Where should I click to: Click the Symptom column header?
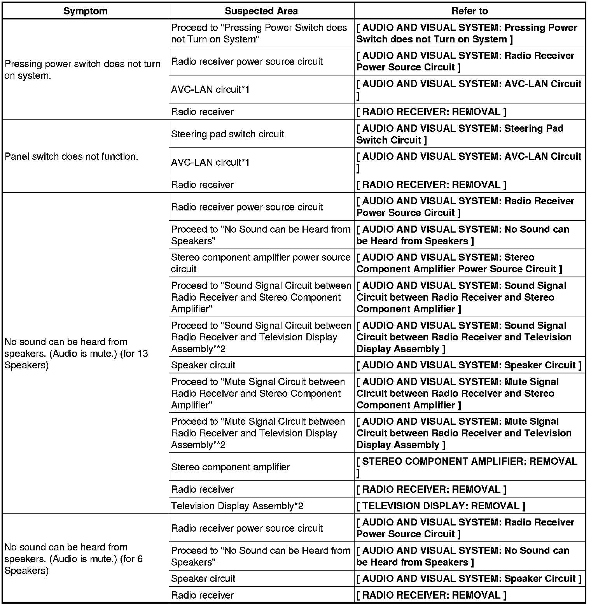tap(85, 11)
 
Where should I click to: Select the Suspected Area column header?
tap(261, 11)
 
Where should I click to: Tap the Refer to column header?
tap(469, 11)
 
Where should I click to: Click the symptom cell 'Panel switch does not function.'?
tap(72, 156)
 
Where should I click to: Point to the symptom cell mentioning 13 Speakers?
tap(76, 353)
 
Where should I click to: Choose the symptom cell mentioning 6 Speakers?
tap(73, 559)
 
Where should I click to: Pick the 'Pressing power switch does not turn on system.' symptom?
tap(82, 70)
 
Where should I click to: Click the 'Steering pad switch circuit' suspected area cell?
tap(227, 134)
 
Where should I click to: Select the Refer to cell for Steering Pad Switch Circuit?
tap(460, 134)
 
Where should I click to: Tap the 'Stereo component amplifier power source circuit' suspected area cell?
tap(261, 263)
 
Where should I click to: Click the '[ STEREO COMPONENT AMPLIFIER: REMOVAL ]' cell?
tap(467, 467)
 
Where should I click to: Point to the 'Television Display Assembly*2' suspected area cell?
tap(237, 506)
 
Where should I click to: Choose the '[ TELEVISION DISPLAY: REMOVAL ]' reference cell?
tap(441, 506)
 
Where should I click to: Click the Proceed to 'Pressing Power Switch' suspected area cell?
tap(259, 33)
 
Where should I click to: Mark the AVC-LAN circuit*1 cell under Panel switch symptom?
tap(210, 162)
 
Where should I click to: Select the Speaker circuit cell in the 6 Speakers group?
tap(203, 578)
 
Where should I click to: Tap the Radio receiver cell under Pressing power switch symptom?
tap(203, 112)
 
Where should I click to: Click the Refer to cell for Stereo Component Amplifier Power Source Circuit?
tap(459, 263)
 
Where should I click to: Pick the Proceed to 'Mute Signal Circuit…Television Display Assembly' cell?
tap(258, 433)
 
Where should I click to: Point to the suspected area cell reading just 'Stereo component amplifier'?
tap(230, 467)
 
